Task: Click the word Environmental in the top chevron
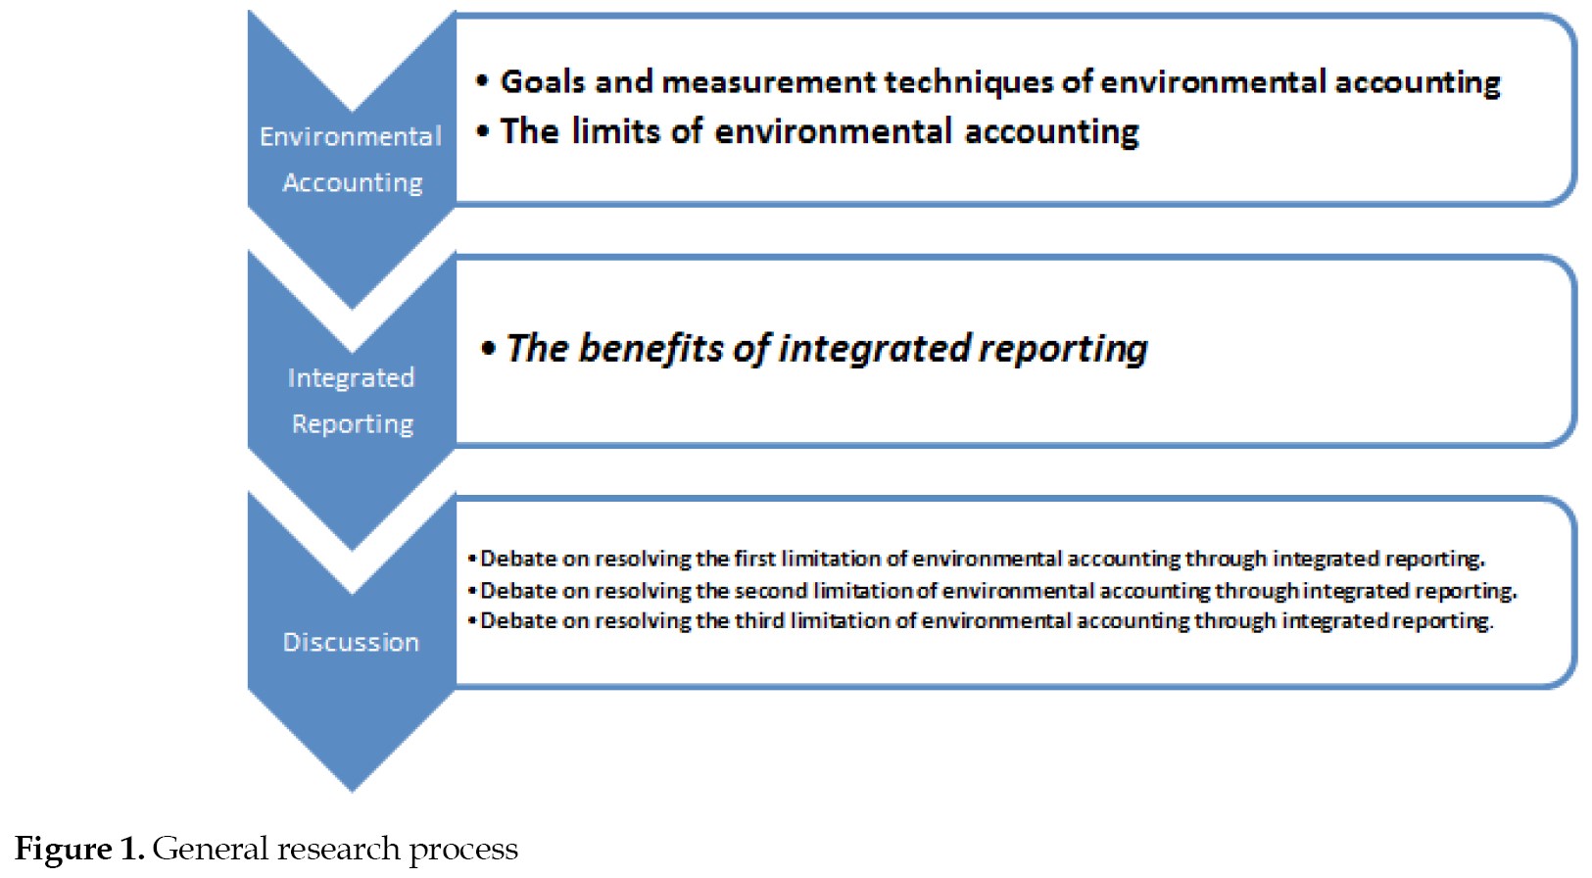351,136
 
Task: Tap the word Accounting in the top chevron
353,182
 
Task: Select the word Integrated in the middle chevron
351,377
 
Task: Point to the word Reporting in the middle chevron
353,423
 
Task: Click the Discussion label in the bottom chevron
351,642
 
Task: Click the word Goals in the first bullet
543,81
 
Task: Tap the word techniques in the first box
968,82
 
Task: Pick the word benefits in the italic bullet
651,348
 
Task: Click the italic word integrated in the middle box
874,348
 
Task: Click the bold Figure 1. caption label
79,849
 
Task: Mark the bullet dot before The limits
483,130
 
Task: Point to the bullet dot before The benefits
488,348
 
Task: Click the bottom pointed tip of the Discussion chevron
351,791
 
